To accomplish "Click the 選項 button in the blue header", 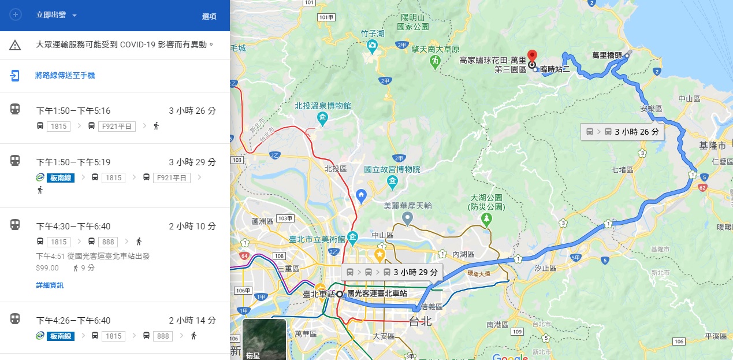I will pyautogui.click(x=209, y=17).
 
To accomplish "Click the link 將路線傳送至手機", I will pyautogui.click(x=65, y=75).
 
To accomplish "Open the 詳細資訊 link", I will pyautogui.click(x=50, y=285).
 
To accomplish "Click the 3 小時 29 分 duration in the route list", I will pyautogui.click(x=192, y=162).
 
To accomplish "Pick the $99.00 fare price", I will pyautogui.click(x=47, y=268).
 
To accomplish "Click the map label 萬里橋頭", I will pyautogui.click(x=607, y=55).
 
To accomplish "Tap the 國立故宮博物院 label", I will pyautogui.click(x=392, y=170).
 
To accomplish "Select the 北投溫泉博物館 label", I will pyautogui.click(x=322, y=106).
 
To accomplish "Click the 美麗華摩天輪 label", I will pyautogui.click(x=408, y=206).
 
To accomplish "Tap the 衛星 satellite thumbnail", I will pyautogui.click(x=264, y=339).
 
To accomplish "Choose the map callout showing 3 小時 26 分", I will pyautogui.click(x=623, y=132).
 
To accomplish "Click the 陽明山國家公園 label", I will pyautogui.click(x=413, y=22).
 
